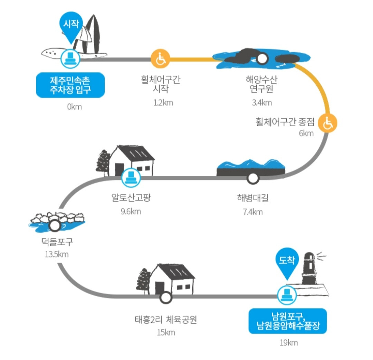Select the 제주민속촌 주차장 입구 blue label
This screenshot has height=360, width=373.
click(70, 85)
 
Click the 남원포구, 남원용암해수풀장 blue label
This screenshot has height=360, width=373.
click(287, 321)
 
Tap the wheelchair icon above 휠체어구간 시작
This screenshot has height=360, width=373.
click(161, 59)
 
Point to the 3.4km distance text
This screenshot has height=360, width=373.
click(262, 102)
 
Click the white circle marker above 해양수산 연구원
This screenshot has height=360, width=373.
click(262, 59)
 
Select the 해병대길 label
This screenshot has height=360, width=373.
click(253, 198)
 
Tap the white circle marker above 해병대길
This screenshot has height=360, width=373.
click(253, 178)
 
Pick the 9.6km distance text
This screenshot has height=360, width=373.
click(131, 211)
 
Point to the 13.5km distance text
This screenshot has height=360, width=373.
click(57, 254)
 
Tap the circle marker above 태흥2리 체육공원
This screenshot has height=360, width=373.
click(165, 296)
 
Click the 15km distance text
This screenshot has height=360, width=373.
click(165, 333)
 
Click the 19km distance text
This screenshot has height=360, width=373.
click(288, 343)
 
